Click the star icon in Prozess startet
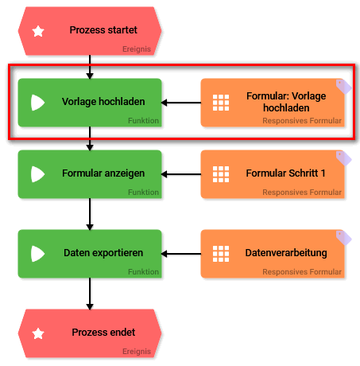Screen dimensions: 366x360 (37, 32)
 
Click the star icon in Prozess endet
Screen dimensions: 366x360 (37, 332)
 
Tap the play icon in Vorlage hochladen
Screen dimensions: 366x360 (37, 103)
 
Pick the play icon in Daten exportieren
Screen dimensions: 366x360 (37, 254)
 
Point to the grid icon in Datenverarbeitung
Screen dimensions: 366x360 (221, 254)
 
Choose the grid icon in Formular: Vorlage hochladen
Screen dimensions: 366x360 (221, 103)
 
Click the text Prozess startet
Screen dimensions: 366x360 (103, 31)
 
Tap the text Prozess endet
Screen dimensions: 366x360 (103, 332)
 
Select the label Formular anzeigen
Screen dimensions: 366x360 (102, 173)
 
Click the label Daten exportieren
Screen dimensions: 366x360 (103, 253)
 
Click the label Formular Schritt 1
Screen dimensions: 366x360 (286, 173)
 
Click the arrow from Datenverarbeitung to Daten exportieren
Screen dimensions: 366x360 (181, 254)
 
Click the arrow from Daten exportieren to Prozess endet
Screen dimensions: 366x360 (90, 294)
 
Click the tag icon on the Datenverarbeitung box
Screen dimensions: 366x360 (343, 236)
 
